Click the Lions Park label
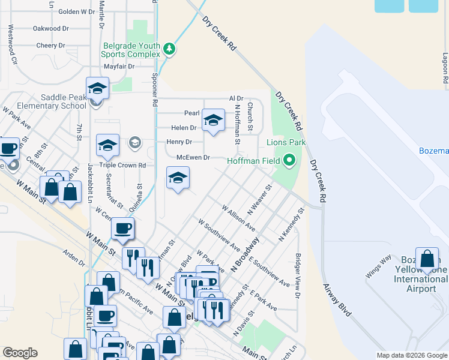(286, 143)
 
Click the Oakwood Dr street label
(50, 28)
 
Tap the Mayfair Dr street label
(118, 67)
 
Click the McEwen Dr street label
(193, 157)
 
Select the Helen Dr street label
(184, 128)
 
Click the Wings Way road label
(378, 265)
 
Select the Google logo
(20, 353)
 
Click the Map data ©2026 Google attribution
(412, 355)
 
